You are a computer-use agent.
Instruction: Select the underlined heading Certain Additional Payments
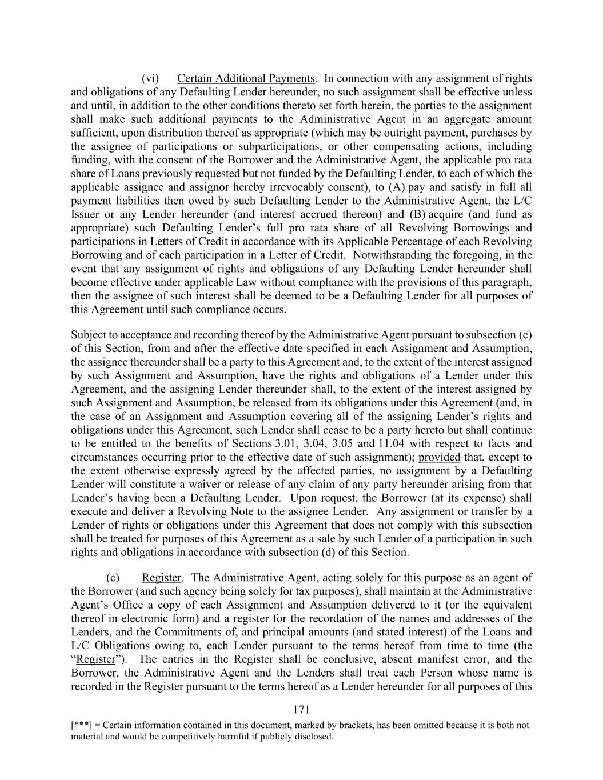(246, 78)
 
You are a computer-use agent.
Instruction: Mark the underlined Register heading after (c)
(161, 578)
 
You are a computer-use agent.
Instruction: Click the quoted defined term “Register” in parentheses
(96, 659)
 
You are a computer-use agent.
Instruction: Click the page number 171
(301, 710)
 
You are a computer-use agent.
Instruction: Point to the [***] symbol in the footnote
(80, 725)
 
